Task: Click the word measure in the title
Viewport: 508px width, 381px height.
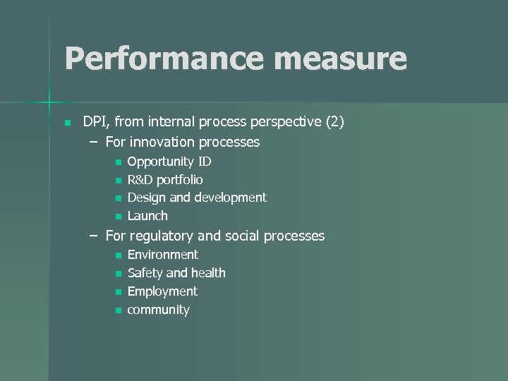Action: click(341, 59)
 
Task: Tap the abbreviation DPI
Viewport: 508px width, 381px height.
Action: click(95, 122)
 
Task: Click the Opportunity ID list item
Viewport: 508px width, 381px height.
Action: click(169, 162)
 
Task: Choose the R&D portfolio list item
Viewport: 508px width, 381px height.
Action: click(164, 180)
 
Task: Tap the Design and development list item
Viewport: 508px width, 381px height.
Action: click(196, 198)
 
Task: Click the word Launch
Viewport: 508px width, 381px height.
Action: click(147, 216)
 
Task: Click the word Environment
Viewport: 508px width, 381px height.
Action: click(162, 255)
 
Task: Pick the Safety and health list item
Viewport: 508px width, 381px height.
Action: click(176, 273)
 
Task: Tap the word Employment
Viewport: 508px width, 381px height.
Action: click(162, 291)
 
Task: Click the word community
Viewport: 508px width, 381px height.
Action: click(158, 310)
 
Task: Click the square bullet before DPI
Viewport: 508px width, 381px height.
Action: click(67, 123)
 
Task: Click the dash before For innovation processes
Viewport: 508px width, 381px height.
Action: click(94, 143)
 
